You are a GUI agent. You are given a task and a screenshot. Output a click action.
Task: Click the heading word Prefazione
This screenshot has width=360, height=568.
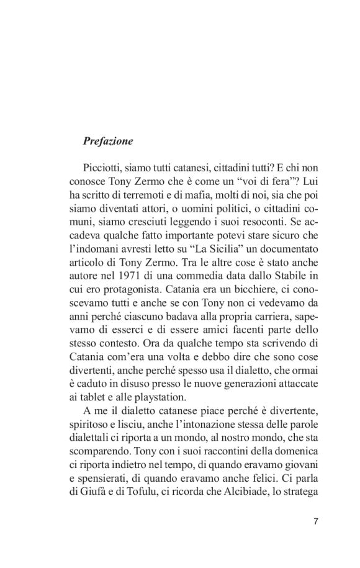pyautogui.click(x=107, y=140)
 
